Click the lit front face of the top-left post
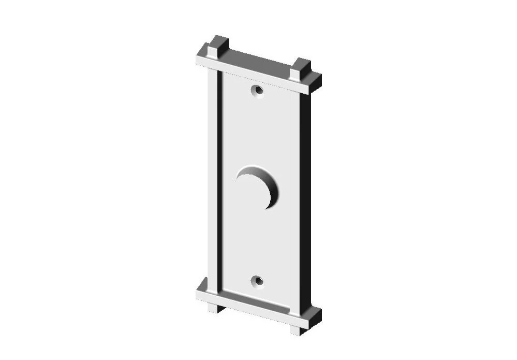212,52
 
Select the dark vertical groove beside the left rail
220,181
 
